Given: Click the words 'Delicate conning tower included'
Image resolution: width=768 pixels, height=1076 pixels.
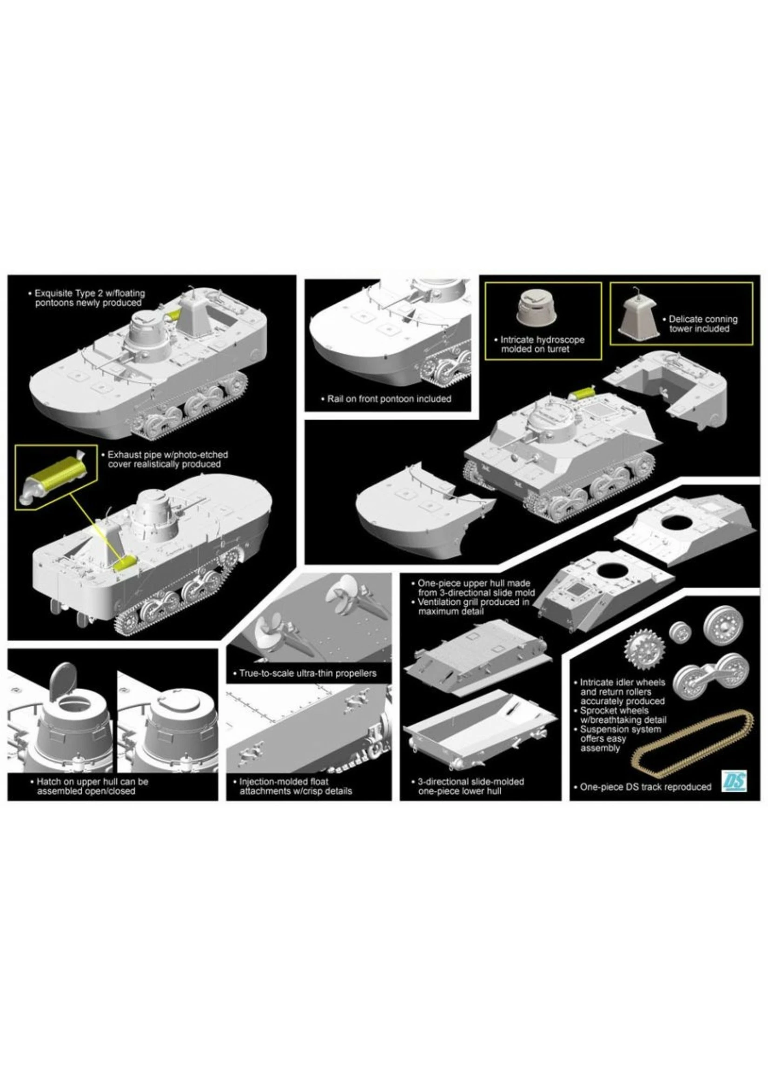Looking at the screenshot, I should point(702,324).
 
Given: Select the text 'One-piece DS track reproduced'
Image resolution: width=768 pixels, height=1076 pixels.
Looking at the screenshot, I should point(645,787).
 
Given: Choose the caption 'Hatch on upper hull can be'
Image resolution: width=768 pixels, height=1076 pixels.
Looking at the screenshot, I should point(92,782).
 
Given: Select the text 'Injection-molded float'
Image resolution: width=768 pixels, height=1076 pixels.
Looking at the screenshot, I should point(284,782).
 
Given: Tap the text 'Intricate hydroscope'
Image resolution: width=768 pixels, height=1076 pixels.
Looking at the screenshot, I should point(542,340).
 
